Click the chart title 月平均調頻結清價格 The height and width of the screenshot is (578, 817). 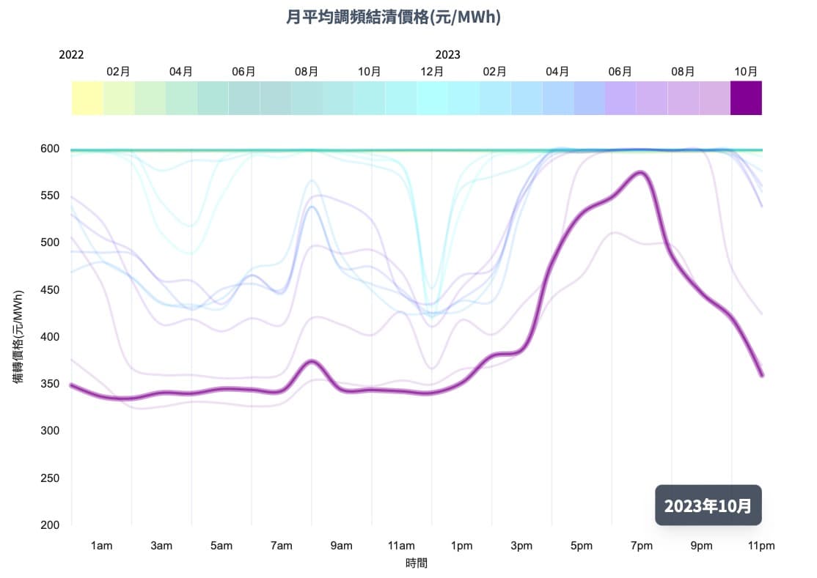click(393, 17)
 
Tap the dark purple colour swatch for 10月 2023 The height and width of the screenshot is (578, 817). click(746, 98)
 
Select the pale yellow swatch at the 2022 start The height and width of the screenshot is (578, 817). click(87, 98)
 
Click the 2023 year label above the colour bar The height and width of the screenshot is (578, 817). click(447, 55)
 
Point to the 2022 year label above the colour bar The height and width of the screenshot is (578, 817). click(71, 55)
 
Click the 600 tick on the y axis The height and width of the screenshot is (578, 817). click(49, 149)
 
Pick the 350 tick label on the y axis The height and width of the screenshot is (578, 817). click(49, 384)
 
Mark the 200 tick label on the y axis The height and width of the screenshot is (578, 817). click(49, 525)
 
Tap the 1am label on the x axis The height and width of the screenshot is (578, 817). click(101, 546)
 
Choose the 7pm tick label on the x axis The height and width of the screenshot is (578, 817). click(641, 546)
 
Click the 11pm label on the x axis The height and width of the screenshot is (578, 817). click(761, 546)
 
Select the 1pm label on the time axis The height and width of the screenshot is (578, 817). click(461, 546)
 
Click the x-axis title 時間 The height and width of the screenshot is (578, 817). click(416, 563)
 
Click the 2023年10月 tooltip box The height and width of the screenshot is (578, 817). click(708, 505)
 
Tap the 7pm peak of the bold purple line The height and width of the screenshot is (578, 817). click(641, 173)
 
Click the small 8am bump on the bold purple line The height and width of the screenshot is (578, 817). click(312, 361)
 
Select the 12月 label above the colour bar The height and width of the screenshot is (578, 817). click(432, 71)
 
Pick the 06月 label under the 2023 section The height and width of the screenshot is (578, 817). click(620, 71)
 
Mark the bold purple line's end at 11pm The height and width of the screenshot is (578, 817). click(761, 375)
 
